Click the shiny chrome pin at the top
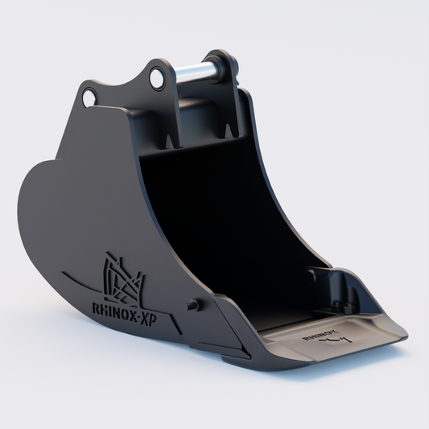click(x=193, y=73)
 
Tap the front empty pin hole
click(x=89, y=97)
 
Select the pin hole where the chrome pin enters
click(x=155, y=79)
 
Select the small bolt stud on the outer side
click(x=192, y=304)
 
